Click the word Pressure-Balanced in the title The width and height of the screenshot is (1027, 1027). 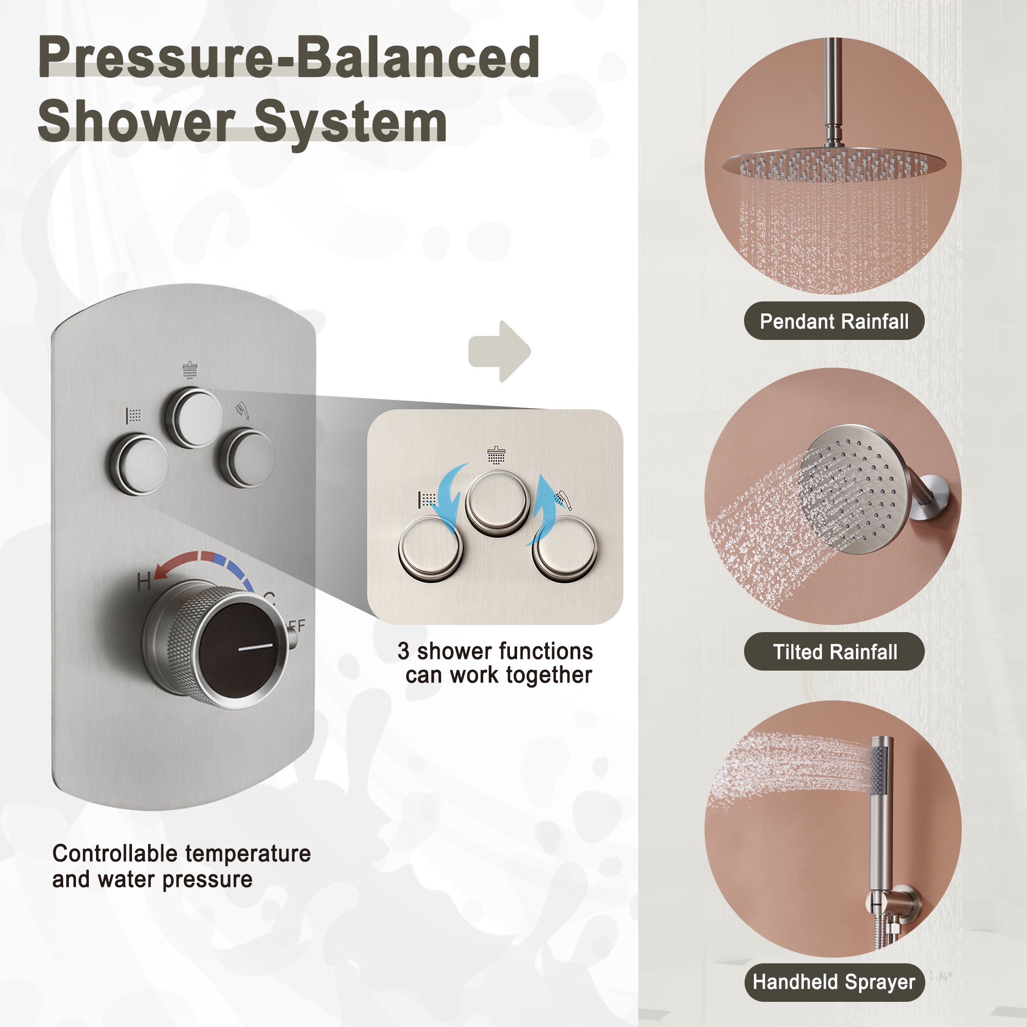coord(289,57)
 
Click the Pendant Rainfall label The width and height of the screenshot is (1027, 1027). coord(833,321)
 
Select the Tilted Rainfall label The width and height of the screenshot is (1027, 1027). coord(834,652)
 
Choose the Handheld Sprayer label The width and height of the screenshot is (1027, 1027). coord(834,982)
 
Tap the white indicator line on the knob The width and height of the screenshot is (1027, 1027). coord(255,648)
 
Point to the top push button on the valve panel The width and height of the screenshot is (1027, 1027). coord(194,416)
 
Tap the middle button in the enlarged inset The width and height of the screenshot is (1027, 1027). coord(497,502)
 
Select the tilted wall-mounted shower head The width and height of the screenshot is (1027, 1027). coord(850,489)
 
